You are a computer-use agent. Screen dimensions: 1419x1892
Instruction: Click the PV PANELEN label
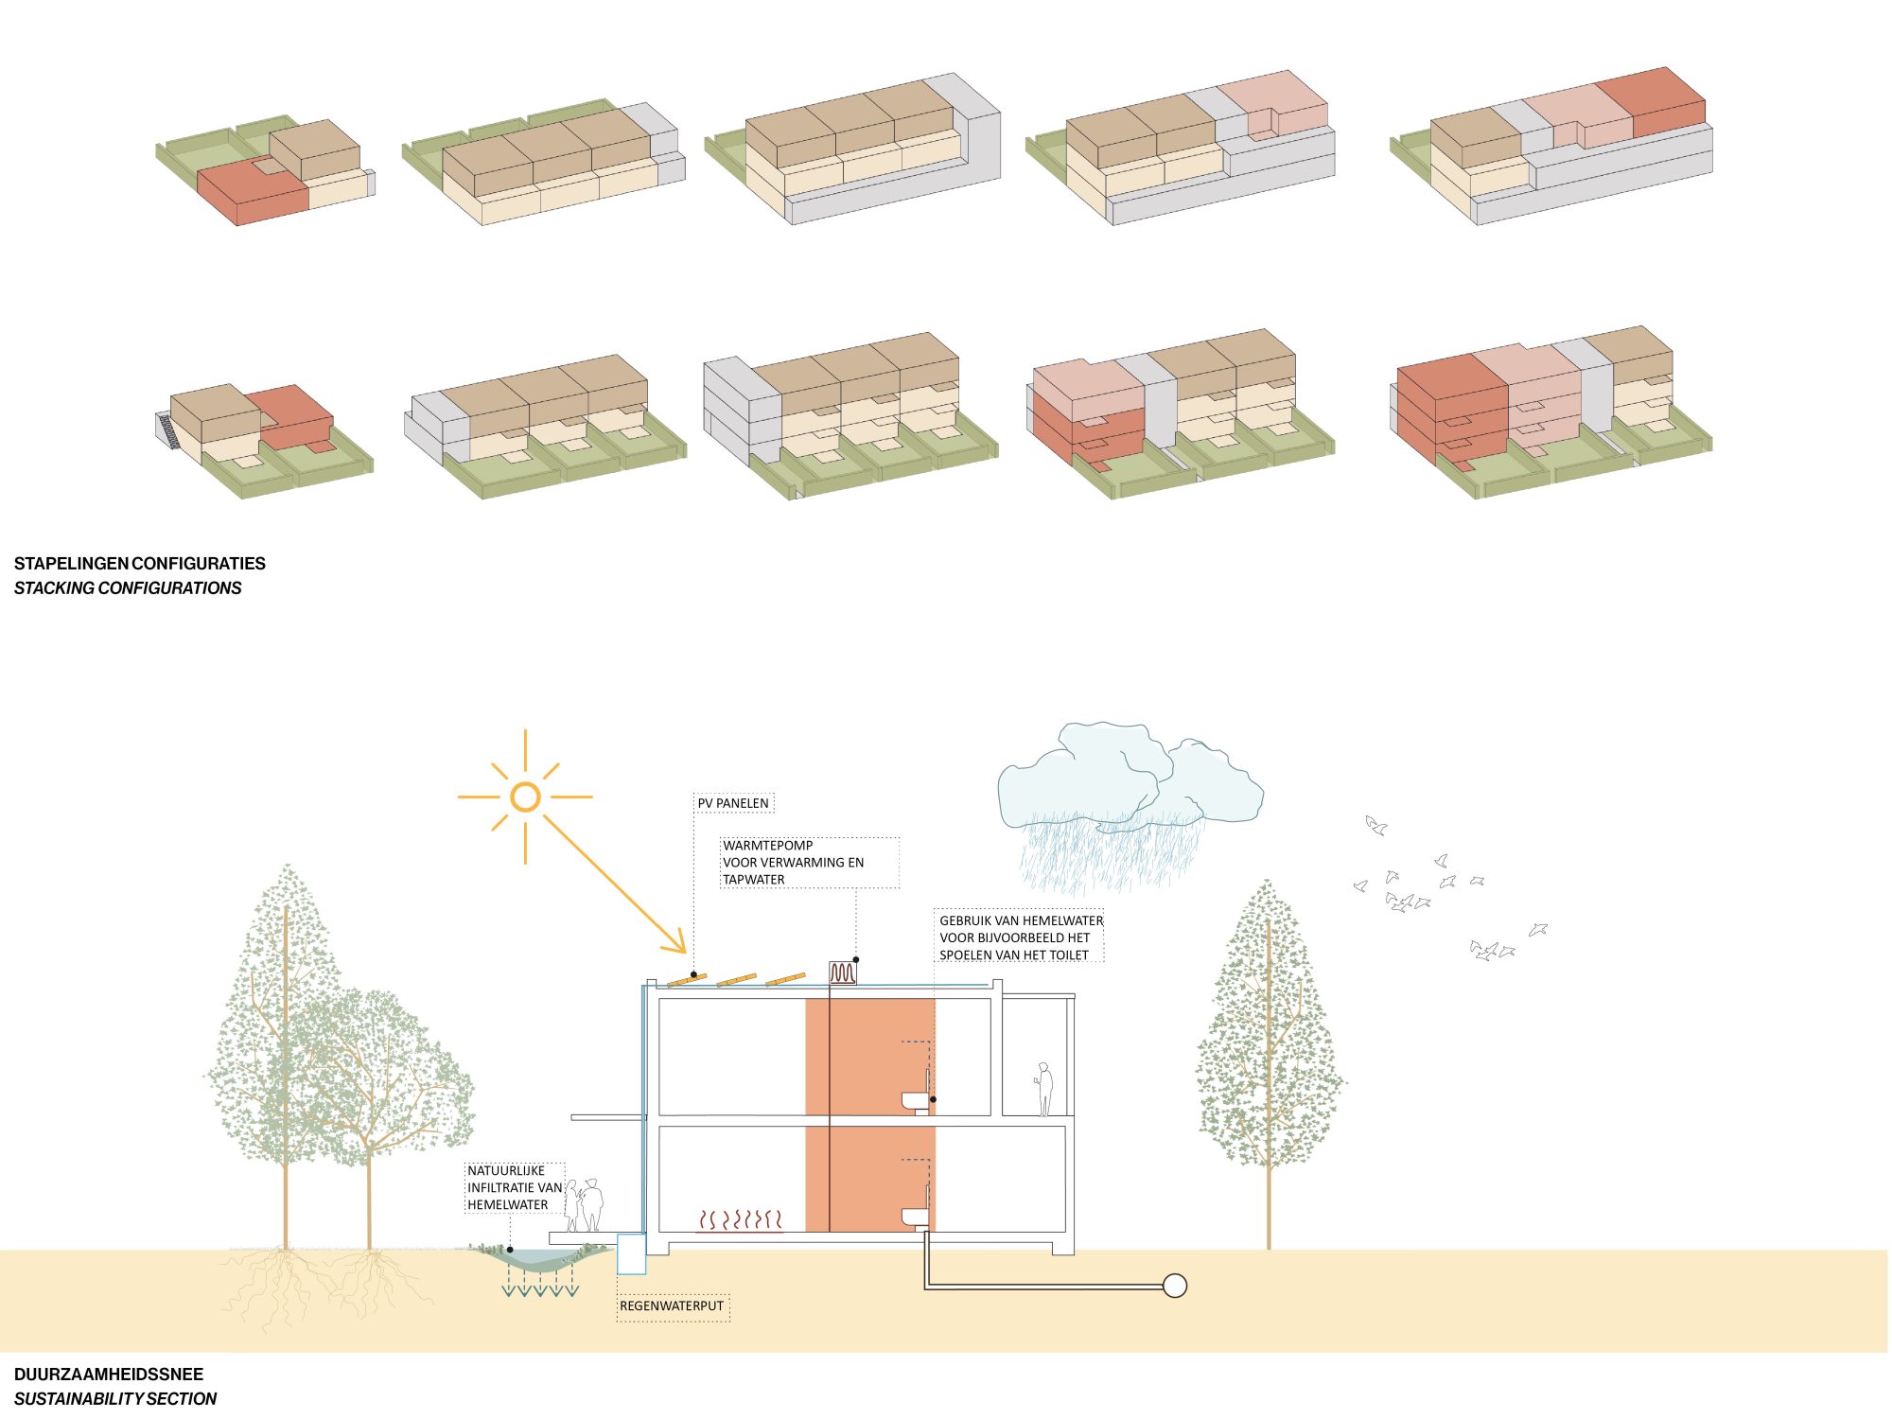(733, 803)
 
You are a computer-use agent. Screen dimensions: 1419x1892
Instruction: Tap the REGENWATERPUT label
(672, 1305)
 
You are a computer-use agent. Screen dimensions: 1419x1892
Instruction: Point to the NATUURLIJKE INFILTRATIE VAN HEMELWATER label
(514, 1187)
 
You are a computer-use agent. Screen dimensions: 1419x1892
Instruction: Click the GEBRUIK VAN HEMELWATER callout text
(1020, 937)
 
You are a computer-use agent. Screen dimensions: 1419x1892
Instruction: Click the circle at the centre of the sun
(525, 797)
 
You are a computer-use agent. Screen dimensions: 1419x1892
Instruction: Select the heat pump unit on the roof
(843, 972)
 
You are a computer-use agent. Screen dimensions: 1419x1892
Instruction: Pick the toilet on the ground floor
(916, 1217)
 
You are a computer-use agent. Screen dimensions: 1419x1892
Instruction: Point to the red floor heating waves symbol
(740, 1220)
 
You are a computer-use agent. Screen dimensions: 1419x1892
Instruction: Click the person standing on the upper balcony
(1044, 1089)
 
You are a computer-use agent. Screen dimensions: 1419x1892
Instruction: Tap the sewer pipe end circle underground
(1174, 1286)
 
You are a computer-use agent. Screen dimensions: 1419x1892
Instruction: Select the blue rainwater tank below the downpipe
(631, 1253)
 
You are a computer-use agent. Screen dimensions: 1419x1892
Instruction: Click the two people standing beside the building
(585, 1204)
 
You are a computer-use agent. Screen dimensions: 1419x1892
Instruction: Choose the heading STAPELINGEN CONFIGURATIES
(140, 564)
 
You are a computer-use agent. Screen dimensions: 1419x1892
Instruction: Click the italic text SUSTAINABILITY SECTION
(115, 1398)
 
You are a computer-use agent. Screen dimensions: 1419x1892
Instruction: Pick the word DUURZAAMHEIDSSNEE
(109, 1375)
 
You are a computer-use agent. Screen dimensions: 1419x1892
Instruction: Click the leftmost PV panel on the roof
(687, 980)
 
